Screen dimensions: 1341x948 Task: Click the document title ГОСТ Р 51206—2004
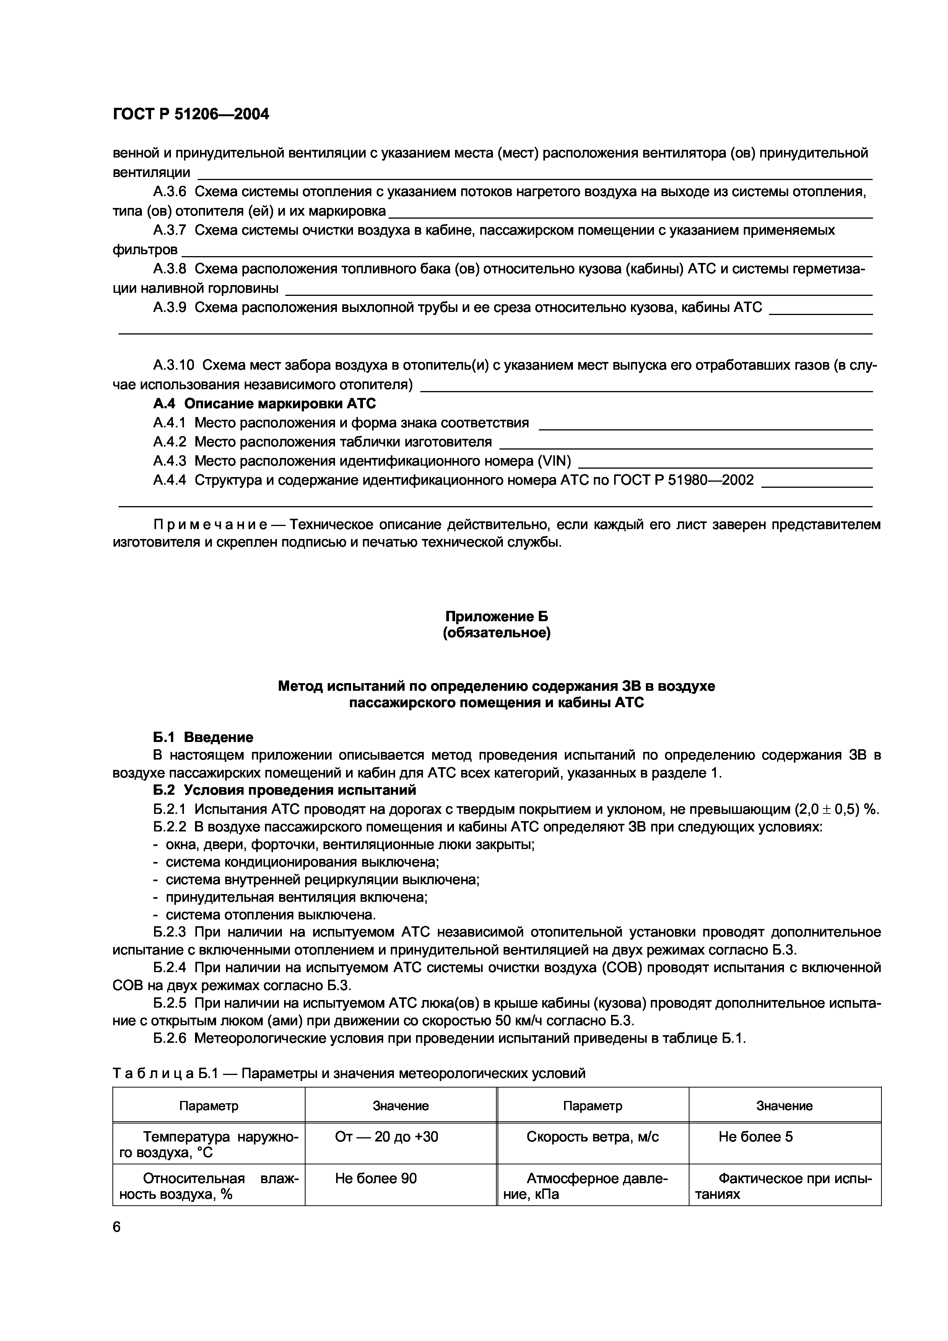190,114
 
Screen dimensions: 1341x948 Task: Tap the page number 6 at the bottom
117,1227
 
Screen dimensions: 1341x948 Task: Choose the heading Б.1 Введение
203,737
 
